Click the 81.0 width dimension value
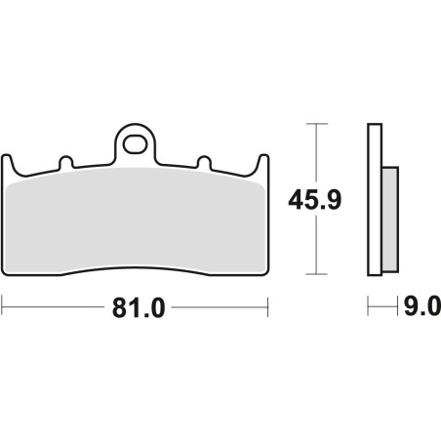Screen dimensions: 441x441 (x=139, y=307)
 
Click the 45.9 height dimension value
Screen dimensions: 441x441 (x=315, y=200)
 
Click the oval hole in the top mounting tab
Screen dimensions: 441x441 (x=135, y=144)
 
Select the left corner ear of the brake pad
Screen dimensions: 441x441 (x=8, y=164)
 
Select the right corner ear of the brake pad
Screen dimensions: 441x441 (x=261, y=164)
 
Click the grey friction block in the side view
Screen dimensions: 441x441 (x=390, y=220)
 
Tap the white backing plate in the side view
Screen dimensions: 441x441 (x=375, y=200)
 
